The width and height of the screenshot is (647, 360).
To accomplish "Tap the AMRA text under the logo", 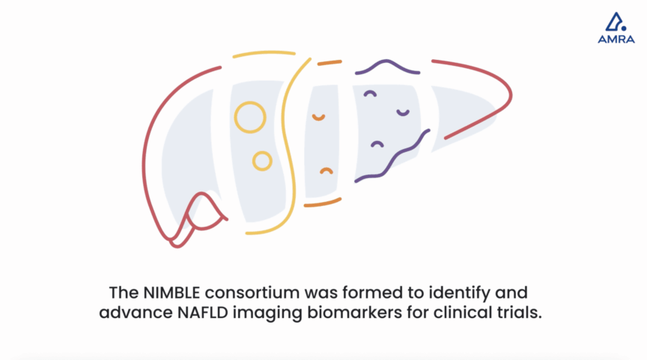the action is [616, 40].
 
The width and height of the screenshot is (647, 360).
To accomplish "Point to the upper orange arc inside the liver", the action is [318, 119].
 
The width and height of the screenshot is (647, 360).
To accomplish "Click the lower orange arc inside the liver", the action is [326, 169].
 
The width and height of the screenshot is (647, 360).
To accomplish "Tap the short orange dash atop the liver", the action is [329, 63].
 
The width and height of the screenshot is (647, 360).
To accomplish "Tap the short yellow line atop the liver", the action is [264, 53].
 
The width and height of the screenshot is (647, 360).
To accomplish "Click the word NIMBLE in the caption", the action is [171, 293].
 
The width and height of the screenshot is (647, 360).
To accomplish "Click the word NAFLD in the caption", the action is [203, 313].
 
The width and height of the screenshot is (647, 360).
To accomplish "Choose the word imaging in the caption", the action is [268, 314].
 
